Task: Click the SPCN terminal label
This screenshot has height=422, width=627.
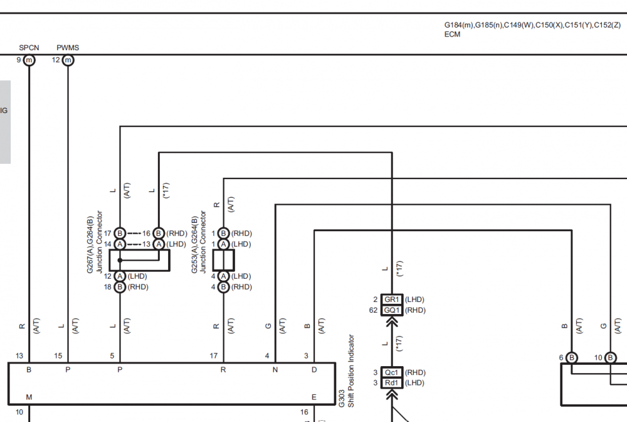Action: click(29, 48)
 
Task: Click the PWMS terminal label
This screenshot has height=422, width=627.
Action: click(68, 48)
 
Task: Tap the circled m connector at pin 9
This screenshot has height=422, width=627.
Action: click(29, 60)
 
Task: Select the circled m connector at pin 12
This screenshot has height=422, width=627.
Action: click(68, 60)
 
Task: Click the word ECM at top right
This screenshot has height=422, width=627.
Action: click(452, 35)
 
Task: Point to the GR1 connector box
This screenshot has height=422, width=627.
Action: click(391, 300)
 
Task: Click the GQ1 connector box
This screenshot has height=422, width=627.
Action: click(391, 310)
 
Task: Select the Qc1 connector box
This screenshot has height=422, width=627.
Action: click(391, 372)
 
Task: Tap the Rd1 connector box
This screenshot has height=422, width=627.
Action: click(391, 383)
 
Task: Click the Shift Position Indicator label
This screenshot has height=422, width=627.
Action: click(351, 371)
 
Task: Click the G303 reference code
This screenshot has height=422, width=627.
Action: click(342, 399)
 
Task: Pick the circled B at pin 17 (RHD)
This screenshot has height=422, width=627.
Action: click(120, 234)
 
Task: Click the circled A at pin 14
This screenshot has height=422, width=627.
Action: click(120, 244)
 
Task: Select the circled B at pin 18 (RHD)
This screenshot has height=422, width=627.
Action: click(120, 287)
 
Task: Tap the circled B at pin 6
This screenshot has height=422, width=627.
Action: click(572, 357)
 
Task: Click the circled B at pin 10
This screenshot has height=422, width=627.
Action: click(610, 357)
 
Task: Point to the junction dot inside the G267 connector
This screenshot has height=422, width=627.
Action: click(120, 261)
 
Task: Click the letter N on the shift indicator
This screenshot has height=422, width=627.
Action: click(275, 370)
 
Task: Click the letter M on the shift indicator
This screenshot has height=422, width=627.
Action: click(29, 397)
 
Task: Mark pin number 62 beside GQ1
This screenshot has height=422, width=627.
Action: click(373, 310)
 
